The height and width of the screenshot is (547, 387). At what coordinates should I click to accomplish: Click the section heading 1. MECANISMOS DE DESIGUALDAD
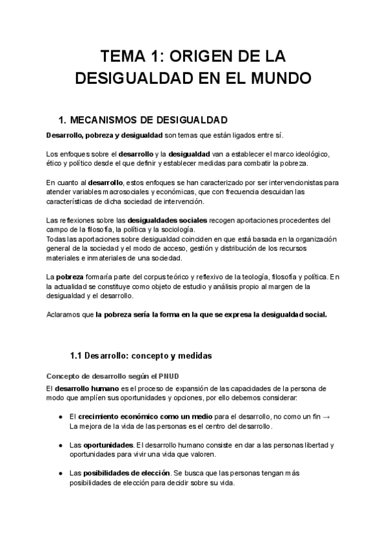pos(143,120)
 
